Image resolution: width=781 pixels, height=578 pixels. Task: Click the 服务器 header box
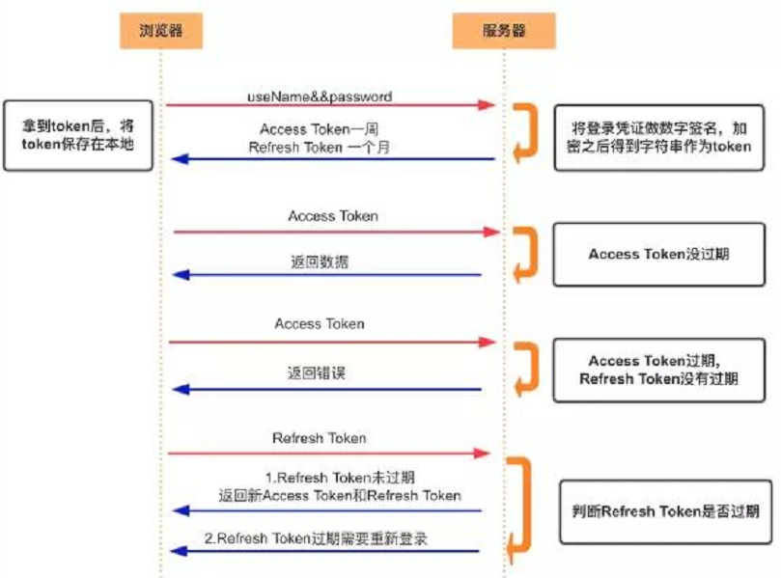[x=503, y=30]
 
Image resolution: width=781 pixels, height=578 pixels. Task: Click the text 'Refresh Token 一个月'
[x=320, y=148]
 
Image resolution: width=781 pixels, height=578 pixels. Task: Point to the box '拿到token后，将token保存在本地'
[x=78, y=135]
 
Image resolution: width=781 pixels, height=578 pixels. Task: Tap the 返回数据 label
[x=318, y=261]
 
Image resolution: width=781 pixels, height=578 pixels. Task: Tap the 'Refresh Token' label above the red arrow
[x=320, y=438]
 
